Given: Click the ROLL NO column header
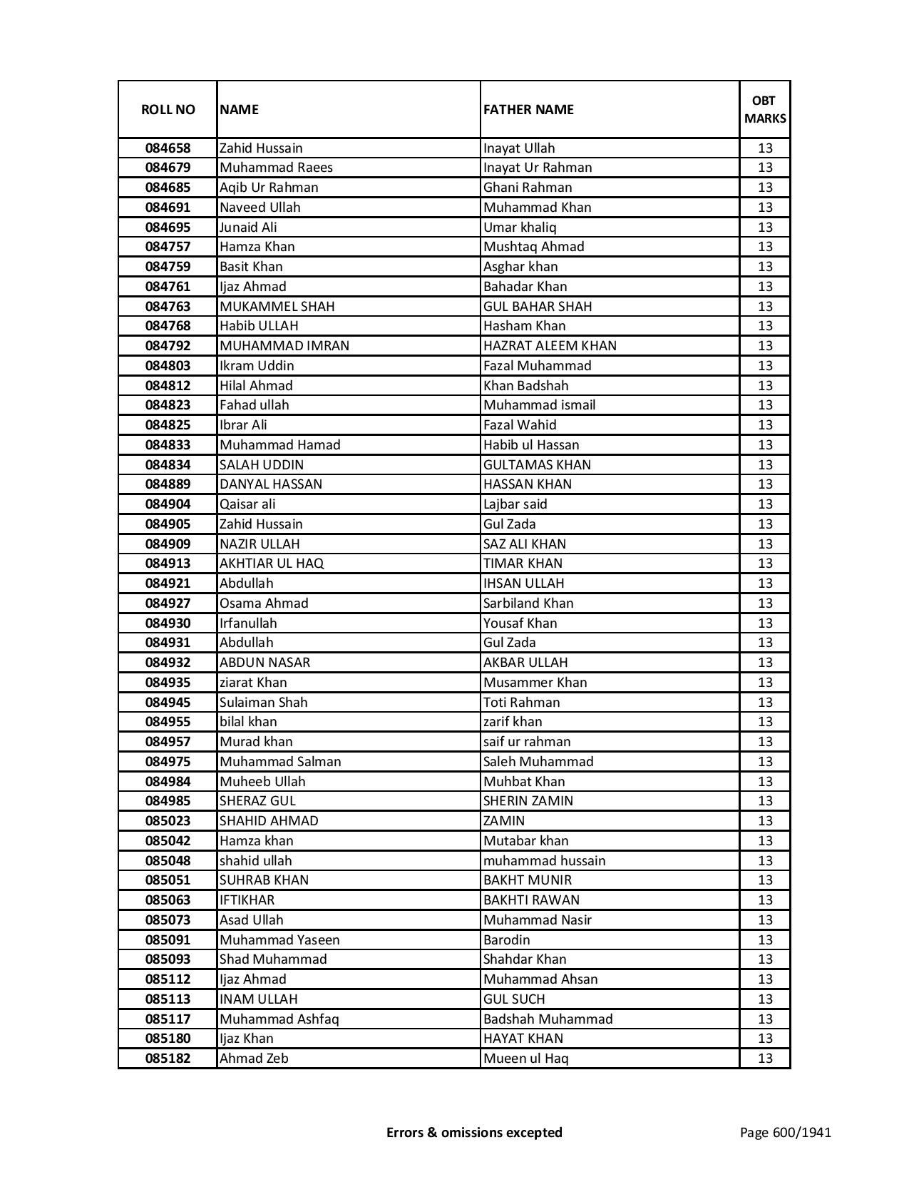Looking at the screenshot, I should point(168,109).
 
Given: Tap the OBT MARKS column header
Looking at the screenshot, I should point(765,109).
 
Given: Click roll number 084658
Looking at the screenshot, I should point(168,148).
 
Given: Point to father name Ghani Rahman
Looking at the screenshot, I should point(528,188).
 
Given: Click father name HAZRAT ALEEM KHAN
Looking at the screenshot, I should point(550,346).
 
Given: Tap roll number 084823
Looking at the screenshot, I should point(168,405).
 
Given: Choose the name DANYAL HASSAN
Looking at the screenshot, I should point(271,484).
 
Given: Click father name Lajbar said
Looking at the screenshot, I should point(515,504).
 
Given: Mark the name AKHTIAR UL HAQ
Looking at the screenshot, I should point(272,564).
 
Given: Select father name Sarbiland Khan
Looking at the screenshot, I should point(528,603).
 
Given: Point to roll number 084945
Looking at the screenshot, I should point(168,703).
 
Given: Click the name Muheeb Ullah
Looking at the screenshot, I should point(262,782).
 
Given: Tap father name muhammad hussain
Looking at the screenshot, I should point(544,861).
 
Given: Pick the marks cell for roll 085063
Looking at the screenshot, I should point(765,900).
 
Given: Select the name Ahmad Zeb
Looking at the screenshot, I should point(254,1059).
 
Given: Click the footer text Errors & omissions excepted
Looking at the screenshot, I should point(474,1132).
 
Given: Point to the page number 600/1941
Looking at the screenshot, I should point(786,1132).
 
